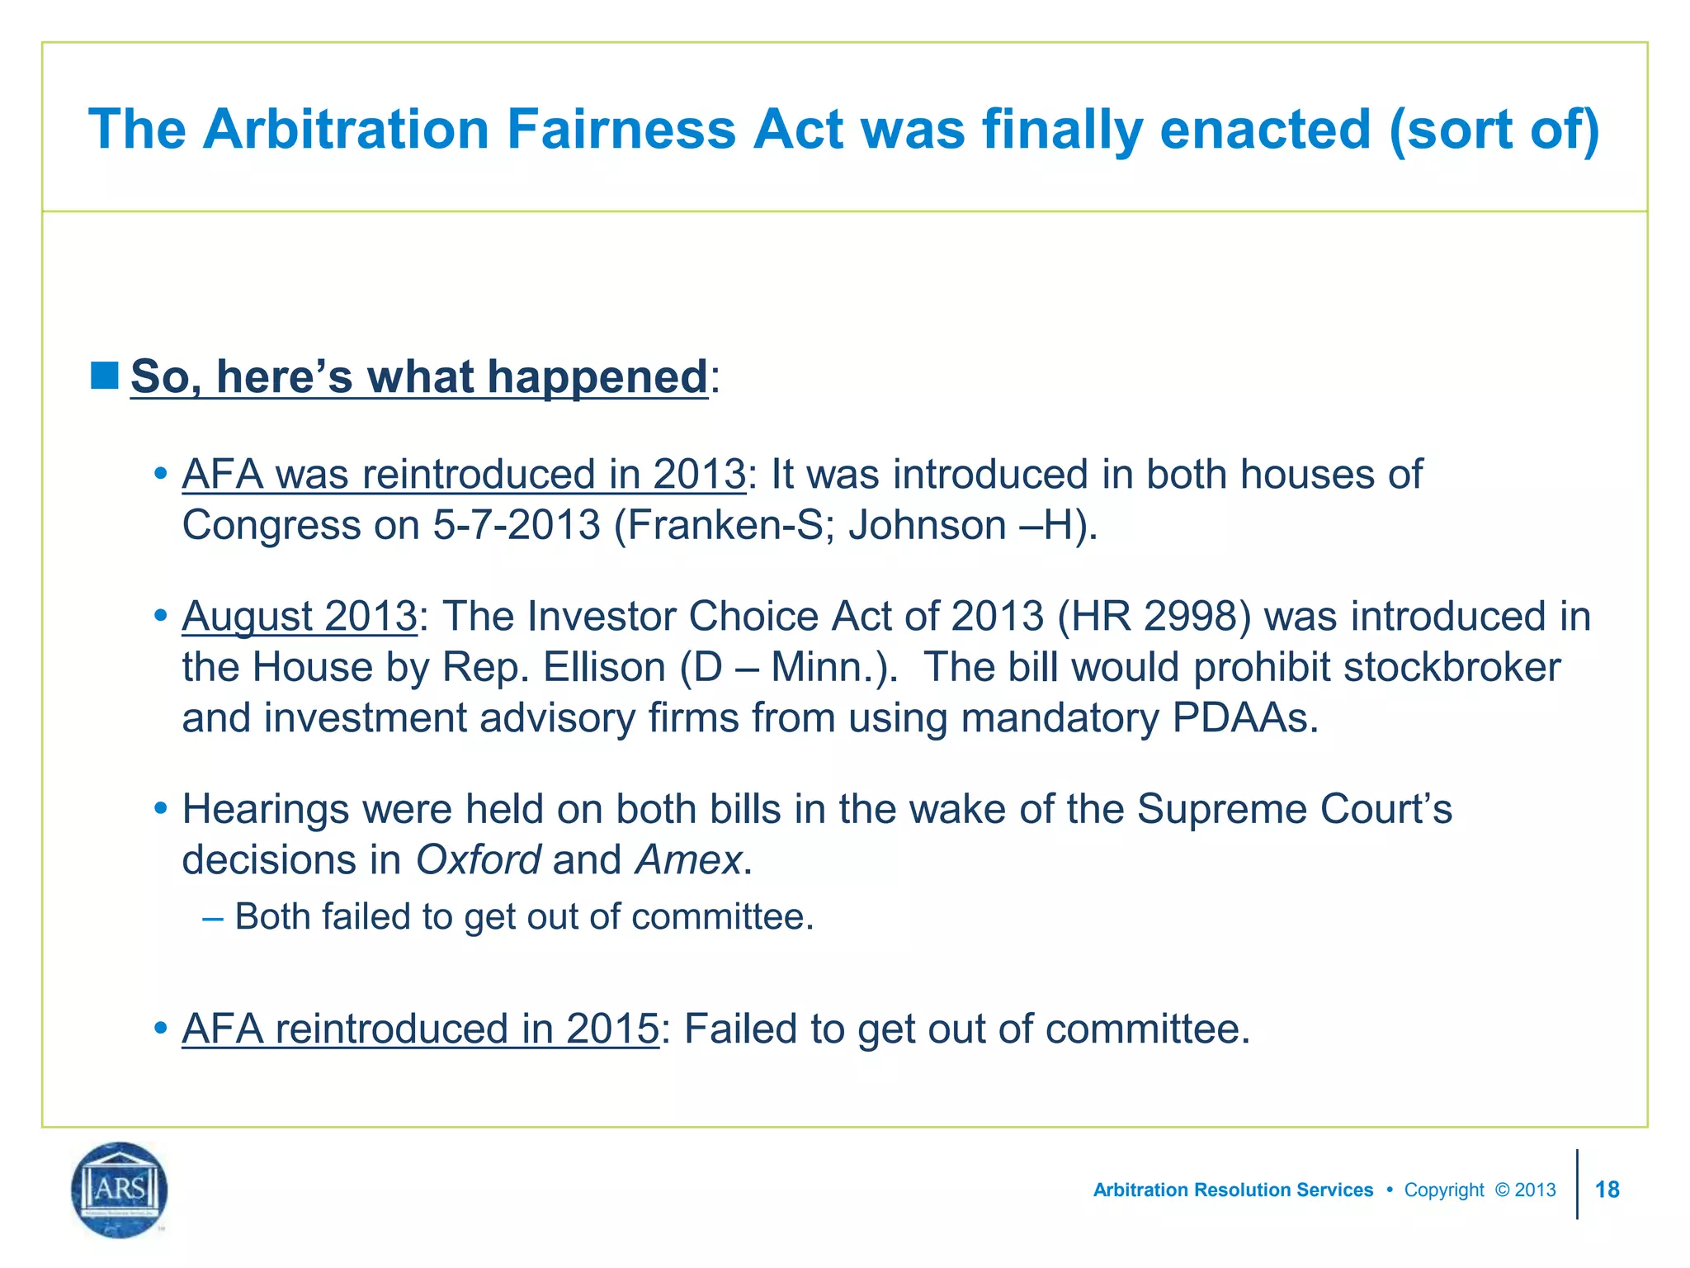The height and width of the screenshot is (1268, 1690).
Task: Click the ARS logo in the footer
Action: point(120,1189)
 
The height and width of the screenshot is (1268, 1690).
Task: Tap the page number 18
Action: point(1607,1190)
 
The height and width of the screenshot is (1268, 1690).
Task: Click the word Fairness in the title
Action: point(621,130)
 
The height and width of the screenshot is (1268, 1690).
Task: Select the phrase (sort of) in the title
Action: point(1494,130)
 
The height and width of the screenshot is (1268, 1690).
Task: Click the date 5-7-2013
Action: point(517,525)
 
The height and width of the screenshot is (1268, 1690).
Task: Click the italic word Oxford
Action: point(478,860)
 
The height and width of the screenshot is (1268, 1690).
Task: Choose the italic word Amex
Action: point(688,860)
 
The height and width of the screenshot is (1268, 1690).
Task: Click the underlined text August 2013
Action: point(300,617)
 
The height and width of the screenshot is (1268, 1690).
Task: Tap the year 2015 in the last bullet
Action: point(612,1029)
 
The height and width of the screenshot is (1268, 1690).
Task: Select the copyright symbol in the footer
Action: point(1502,1190)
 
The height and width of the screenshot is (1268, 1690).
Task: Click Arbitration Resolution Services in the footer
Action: point(1233,1190)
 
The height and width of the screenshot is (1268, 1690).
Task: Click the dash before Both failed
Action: point(212,917)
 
